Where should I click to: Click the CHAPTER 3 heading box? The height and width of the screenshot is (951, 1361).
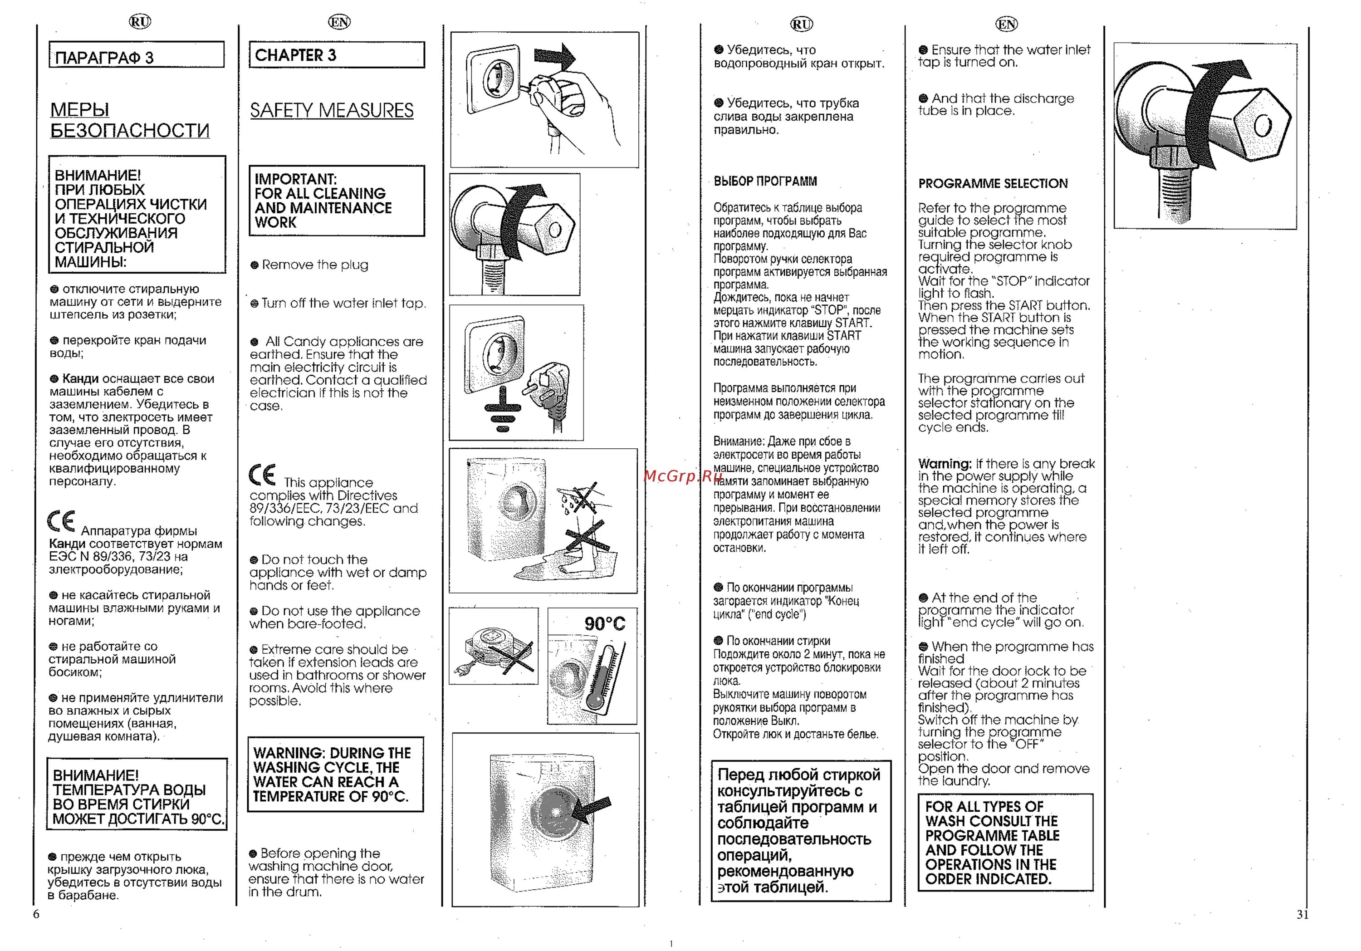click(x=336, y=54)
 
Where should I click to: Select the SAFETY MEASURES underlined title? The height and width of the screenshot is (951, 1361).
click(x=331, y=110)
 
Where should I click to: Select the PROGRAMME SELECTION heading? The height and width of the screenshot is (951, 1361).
click(x=993, y=184)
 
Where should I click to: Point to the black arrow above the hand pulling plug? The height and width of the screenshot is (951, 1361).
click(x=555, y=57)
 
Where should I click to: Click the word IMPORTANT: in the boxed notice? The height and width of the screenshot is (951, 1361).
click(x=295, y=179)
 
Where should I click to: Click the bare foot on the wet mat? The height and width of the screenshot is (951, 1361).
click(x=572, y=567)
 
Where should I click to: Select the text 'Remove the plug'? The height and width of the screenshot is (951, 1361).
click(x=315, y=265)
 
